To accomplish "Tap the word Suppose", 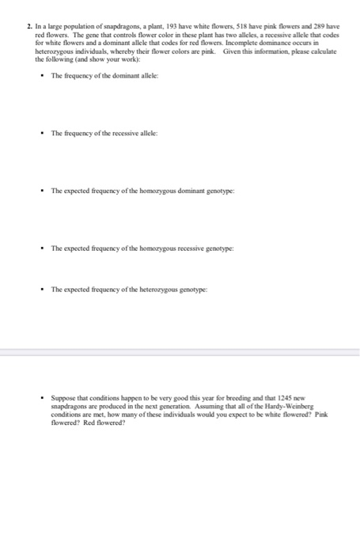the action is point(63,391).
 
